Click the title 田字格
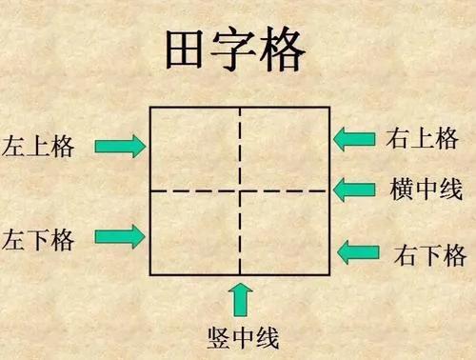239,53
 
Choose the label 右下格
429,254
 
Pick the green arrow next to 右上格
354,138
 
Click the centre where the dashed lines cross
240,190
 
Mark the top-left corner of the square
150,107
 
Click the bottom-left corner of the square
150,275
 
